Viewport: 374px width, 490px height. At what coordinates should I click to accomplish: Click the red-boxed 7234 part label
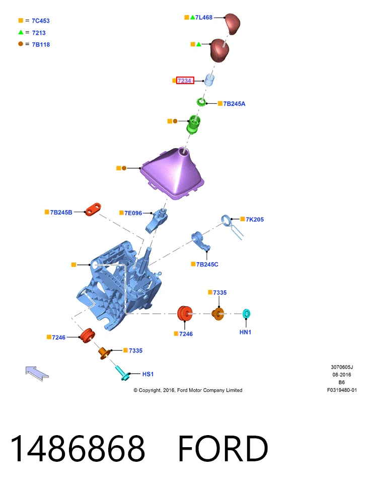tap(185, 80)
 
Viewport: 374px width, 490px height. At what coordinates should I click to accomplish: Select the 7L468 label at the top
tap(204, 18)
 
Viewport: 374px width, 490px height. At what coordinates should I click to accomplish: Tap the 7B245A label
tap(234, 104)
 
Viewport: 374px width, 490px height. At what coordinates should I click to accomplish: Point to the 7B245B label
tap(61, 213)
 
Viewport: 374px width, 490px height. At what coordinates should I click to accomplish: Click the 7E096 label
tap(133, 213)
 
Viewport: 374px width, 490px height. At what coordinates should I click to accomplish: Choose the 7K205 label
tap(255, 220)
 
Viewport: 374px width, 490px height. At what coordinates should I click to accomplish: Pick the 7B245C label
tap(207, 264)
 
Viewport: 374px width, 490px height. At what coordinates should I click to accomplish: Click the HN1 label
tap(245, 332)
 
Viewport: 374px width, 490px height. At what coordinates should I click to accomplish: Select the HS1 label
tap(148, 374)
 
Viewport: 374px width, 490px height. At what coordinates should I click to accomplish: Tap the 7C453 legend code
tap(41, 21)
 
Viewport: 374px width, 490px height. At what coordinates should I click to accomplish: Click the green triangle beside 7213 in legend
tap(21, 32)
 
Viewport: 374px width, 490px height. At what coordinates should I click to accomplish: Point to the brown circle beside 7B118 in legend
tap(21, 44)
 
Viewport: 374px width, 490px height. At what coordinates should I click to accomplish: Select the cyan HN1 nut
tap(247, 313)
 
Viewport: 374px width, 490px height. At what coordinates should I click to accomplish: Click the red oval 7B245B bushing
tap(93, 209)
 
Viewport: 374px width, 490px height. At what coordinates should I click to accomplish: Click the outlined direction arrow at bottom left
tap(37, 374)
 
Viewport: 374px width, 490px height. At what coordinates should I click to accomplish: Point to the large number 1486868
tap(78, 448)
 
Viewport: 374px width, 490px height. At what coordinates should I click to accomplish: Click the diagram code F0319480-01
tap(342, 390)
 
